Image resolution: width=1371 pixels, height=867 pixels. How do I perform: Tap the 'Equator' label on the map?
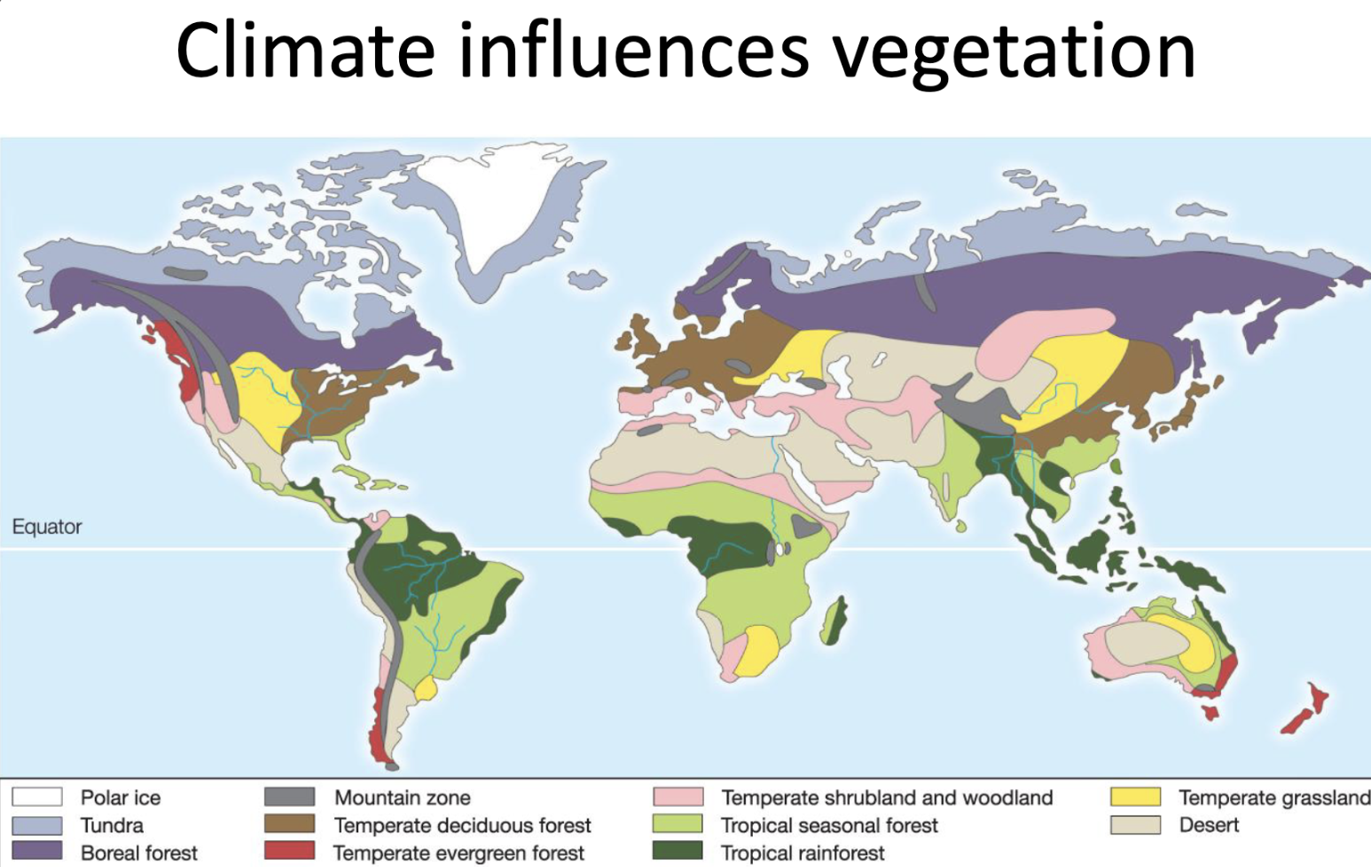[x=46, y=527]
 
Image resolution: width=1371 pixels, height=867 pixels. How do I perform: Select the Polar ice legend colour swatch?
[x=36, y=797]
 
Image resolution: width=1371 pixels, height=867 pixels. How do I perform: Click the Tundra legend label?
[x=112, y=825]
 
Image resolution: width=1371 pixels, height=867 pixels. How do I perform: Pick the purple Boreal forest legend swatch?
[x=36, y=851]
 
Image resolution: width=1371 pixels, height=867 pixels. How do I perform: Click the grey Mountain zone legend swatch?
[x=289, y=797]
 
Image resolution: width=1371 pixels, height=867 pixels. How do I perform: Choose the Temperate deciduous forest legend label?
[x=462, y=825]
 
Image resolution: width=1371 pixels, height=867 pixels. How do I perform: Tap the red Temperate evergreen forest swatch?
[x=289, y=851]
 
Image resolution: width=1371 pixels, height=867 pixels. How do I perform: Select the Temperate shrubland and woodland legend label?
[x=887, y=798]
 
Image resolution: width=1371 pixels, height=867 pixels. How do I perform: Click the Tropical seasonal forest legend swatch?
[x=678, y=824]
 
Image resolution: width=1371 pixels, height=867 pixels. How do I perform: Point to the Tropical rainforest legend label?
[x=803, y=853]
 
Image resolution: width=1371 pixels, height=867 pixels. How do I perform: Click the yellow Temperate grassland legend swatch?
[x=1135, y=797]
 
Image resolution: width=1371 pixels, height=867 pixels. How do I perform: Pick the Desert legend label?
[x=1209, y=825]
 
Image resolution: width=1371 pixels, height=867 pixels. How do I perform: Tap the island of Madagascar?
[x=833, y=621]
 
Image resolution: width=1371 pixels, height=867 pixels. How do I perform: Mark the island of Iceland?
[x=586, y=279]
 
